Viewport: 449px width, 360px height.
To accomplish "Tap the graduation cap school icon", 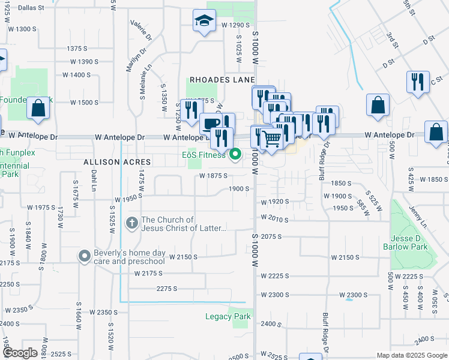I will pyautogui.click(x=204, y=22).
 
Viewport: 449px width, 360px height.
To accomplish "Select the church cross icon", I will pyautogui.click(x=131, y=223).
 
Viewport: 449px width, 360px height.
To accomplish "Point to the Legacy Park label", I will pyautogui.click(x=228, y=316).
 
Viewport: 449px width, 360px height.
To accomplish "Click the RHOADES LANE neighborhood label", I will pyautogui.click(x=223, y=80).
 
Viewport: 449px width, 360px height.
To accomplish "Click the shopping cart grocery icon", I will pyautogui.click(x=272, y=139).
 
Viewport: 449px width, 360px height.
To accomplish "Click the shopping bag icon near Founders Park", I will pyautogui.click(x=38, y=109).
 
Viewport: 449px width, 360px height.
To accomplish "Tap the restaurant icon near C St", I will pyautogui.click(x=418, y=82).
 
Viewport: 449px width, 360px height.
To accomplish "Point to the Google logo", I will pyautogui.click(x=20, y=353).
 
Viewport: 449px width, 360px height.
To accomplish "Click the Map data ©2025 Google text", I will pyautogui.click(x=411, y=355).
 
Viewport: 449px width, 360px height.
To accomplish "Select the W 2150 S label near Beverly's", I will pyautogui.click(x=184, y=257).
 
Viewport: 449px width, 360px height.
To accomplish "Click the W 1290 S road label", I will pyautogui.click(x=235, y=25).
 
